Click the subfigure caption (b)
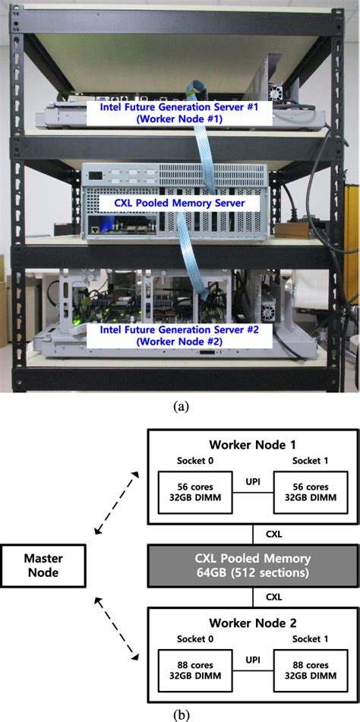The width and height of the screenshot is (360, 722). tap(180, 714)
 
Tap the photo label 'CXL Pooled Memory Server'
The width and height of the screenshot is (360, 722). tap(180, 204)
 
